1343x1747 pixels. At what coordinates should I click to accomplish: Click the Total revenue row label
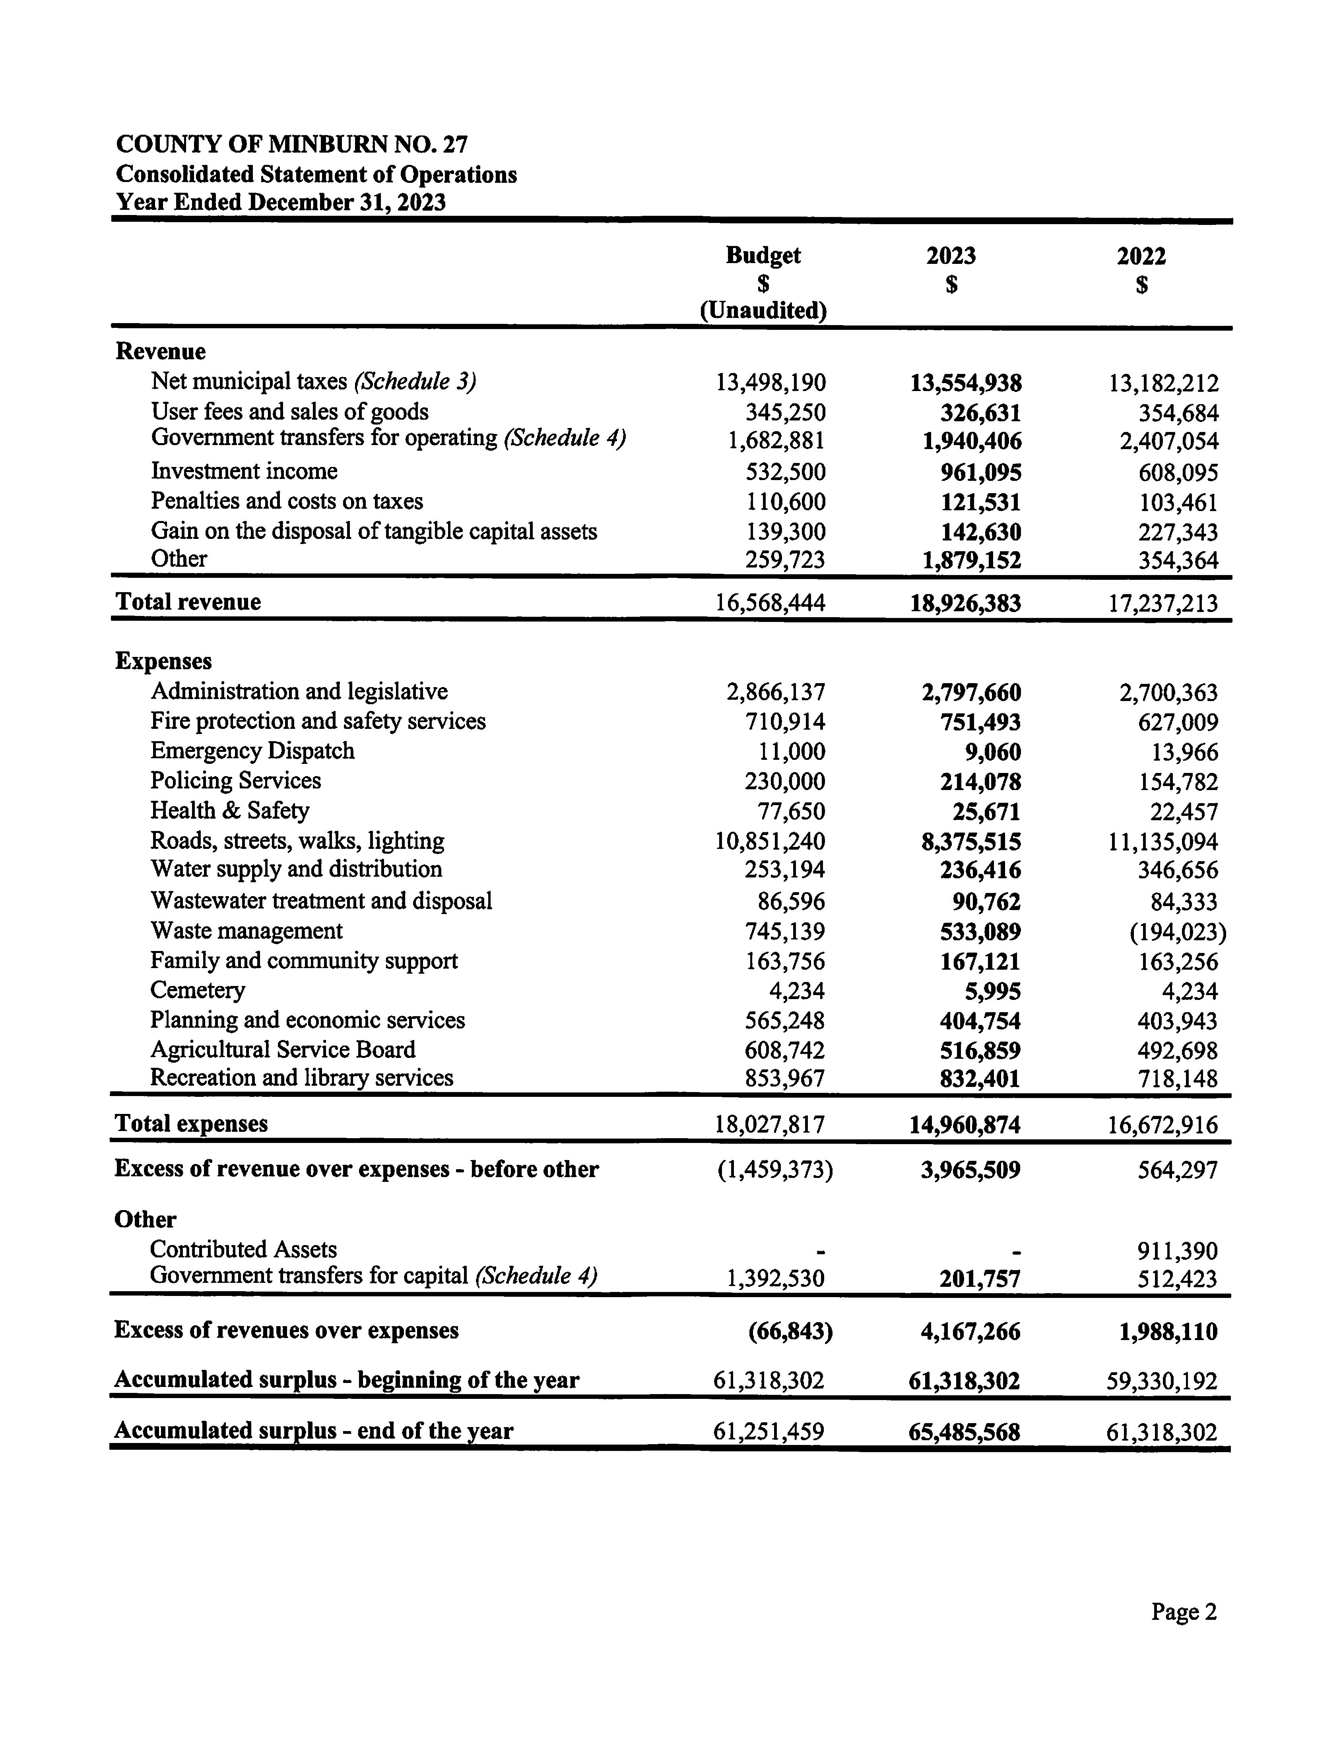point(189,602)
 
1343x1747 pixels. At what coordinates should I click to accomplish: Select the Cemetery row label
point(198,990)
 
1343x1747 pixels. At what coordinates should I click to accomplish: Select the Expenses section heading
point(164,661)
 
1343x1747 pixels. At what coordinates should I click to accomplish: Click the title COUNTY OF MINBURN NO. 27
point(292,145)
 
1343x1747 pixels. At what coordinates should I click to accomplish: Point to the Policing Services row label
point(236,781)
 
